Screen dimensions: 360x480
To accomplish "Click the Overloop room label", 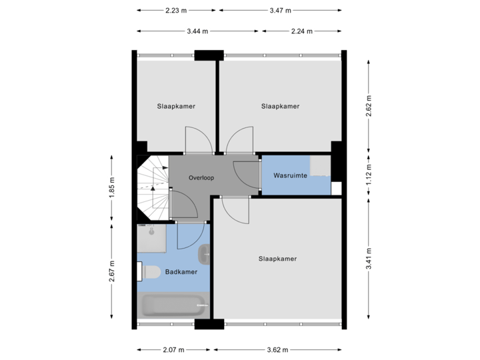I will pyautogui.click(x=200, y=178).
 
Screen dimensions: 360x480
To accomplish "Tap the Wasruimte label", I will pyautogui.click(x=290, y=176).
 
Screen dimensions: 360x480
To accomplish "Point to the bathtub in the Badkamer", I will pyautogui.click(x=173, y=307).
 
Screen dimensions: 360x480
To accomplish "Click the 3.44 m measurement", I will pyautogui.click(x=197, y=31).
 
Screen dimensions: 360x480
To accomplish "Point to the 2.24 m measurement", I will pyautogui.click(x=302, y=31).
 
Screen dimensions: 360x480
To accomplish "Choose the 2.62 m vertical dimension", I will pyautogui.click(x=369, y=105).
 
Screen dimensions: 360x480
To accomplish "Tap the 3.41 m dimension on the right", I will pyautogui.click(x=369, y=259).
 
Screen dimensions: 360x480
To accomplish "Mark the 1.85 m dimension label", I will pyautogui.click(x=112, y=189).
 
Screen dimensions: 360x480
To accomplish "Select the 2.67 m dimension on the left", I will pyautogui.click(x=112, y=271).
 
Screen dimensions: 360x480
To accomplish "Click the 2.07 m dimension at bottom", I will pyautogui.click(x=173, y=349).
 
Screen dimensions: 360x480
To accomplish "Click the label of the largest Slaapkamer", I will pyautogui.click(x=277, y=259).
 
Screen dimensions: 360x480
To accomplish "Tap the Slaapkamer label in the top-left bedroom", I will pyautogui.click(x=176, y=106).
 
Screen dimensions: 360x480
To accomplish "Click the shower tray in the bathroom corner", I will pyautogui.click(x=151, y=238).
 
